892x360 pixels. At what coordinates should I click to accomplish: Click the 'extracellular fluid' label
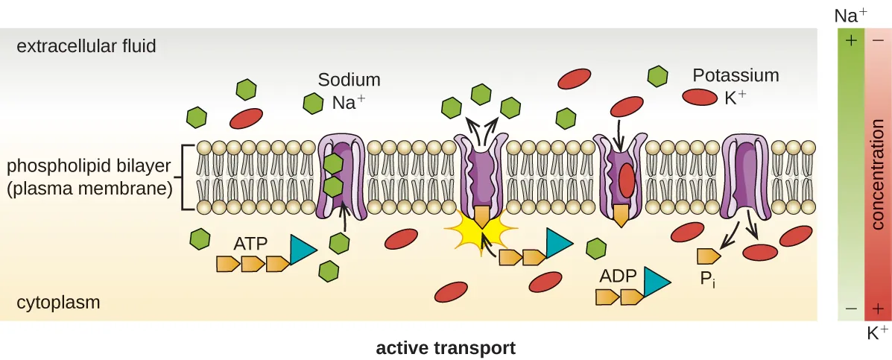[x=86, y=47]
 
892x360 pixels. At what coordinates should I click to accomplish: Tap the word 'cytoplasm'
[x=58, y=303]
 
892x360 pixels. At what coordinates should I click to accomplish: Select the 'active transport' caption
[x=446, y=348]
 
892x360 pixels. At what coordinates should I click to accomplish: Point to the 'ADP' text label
[x=617, y=277]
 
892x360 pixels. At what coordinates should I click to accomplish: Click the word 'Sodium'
[x=349, y=80]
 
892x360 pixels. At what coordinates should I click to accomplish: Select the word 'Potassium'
[x=736, y=75]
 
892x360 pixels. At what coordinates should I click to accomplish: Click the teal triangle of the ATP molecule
[x=302, y=250]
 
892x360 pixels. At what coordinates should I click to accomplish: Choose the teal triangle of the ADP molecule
[x=655, y=282]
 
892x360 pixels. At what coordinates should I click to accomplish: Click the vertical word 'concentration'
[x=878, y=174]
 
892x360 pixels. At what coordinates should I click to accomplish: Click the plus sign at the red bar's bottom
[x=878, y=309]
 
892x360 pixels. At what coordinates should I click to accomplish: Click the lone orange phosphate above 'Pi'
[x=707, y=256]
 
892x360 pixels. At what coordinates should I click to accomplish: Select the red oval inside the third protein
[x=627, y=180]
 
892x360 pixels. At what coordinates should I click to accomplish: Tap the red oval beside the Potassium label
[x=698, y=97]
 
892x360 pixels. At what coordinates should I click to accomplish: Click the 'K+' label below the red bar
[x=877, y=332]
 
